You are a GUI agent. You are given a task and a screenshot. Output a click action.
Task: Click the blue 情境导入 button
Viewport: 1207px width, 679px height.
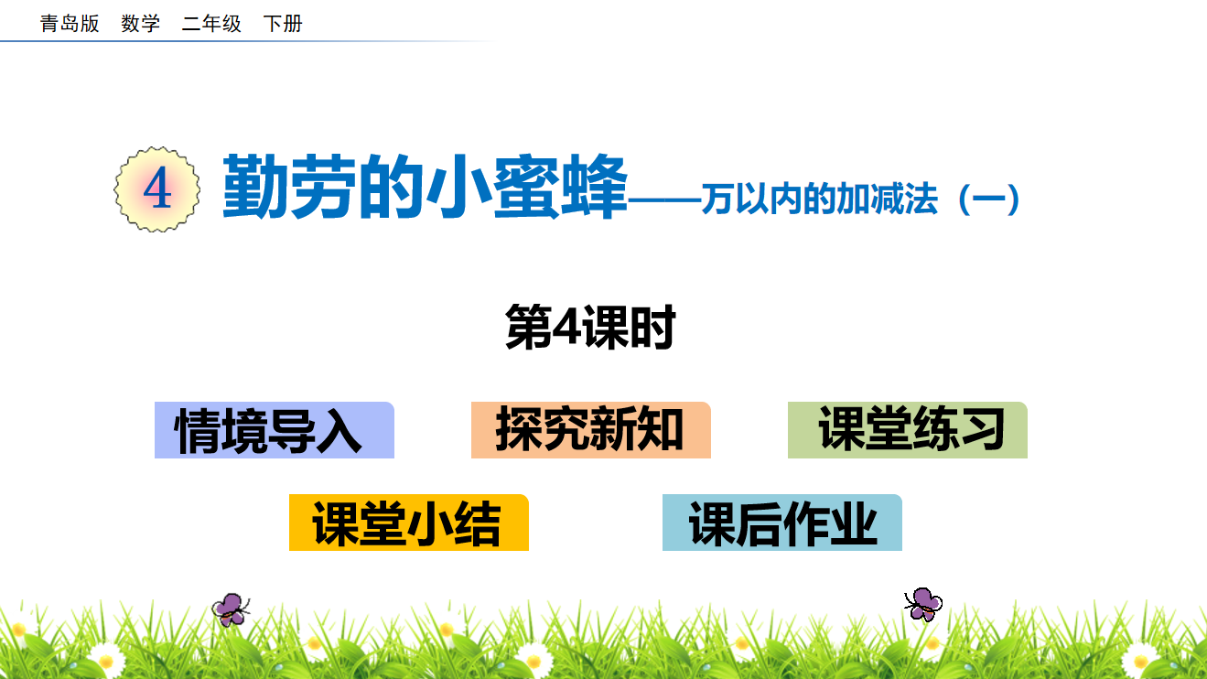click(275, 430)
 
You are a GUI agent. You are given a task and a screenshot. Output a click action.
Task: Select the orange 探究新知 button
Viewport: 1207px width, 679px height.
click(590, 430)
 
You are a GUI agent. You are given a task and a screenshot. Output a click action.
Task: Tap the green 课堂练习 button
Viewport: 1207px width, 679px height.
click(908, 430)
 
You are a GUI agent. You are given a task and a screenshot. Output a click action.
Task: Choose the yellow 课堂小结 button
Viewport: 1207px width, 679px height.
click(409, 523)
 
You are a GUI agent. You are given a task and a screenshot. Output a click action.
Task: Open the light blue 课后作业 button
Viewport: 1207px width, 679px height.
click(781, 523)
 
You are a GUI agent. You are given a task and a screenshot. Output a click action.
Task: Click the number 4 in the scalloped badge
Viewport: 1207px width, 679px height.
click(157, 189)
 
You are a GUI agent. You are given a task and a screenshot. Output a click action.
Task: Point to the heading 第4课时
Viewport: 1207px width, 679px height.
click(590, 327)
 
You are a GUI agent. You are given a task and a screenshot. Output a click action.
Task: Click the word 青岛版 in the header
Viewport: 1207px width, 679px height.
click(70, 24)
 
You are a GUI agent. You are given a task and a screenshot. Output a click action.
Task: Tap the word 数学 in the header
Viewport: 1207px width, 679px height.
click(141, 24)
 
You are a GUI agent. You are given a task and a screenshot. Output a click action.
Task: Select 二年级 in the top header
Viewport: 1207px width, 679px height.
click(211, 24)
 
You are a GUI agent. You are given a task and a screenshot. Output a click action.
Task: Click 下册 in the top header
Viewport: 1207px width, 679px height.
click(283, 24)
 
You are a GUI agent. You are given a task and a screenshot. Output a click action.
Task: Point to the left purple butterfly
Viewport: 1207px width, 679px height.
click(231, 609)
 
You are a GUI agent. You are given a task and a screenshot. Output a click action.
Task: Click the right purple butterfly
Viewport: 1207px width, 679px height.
click(923, 604)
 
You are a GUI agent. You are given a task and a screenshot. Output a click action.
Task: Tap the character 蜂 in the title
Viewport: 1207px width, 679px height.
click(594, 186)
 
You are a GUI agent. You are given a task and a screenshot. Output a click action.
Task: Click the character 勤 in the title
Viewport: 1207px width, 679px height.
click(256, 186)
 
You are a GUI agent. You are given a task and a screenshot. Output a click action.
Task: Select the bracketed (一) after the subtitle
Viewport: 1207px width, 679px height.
click(989, 199)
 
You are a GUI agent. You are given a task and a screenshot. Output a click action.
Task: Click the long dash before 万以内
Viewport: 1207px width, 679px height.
click(664, 200)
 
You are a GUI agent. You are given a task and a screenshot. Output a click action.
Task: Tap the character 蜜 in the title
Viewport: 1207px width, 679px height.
click(526, 186)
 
